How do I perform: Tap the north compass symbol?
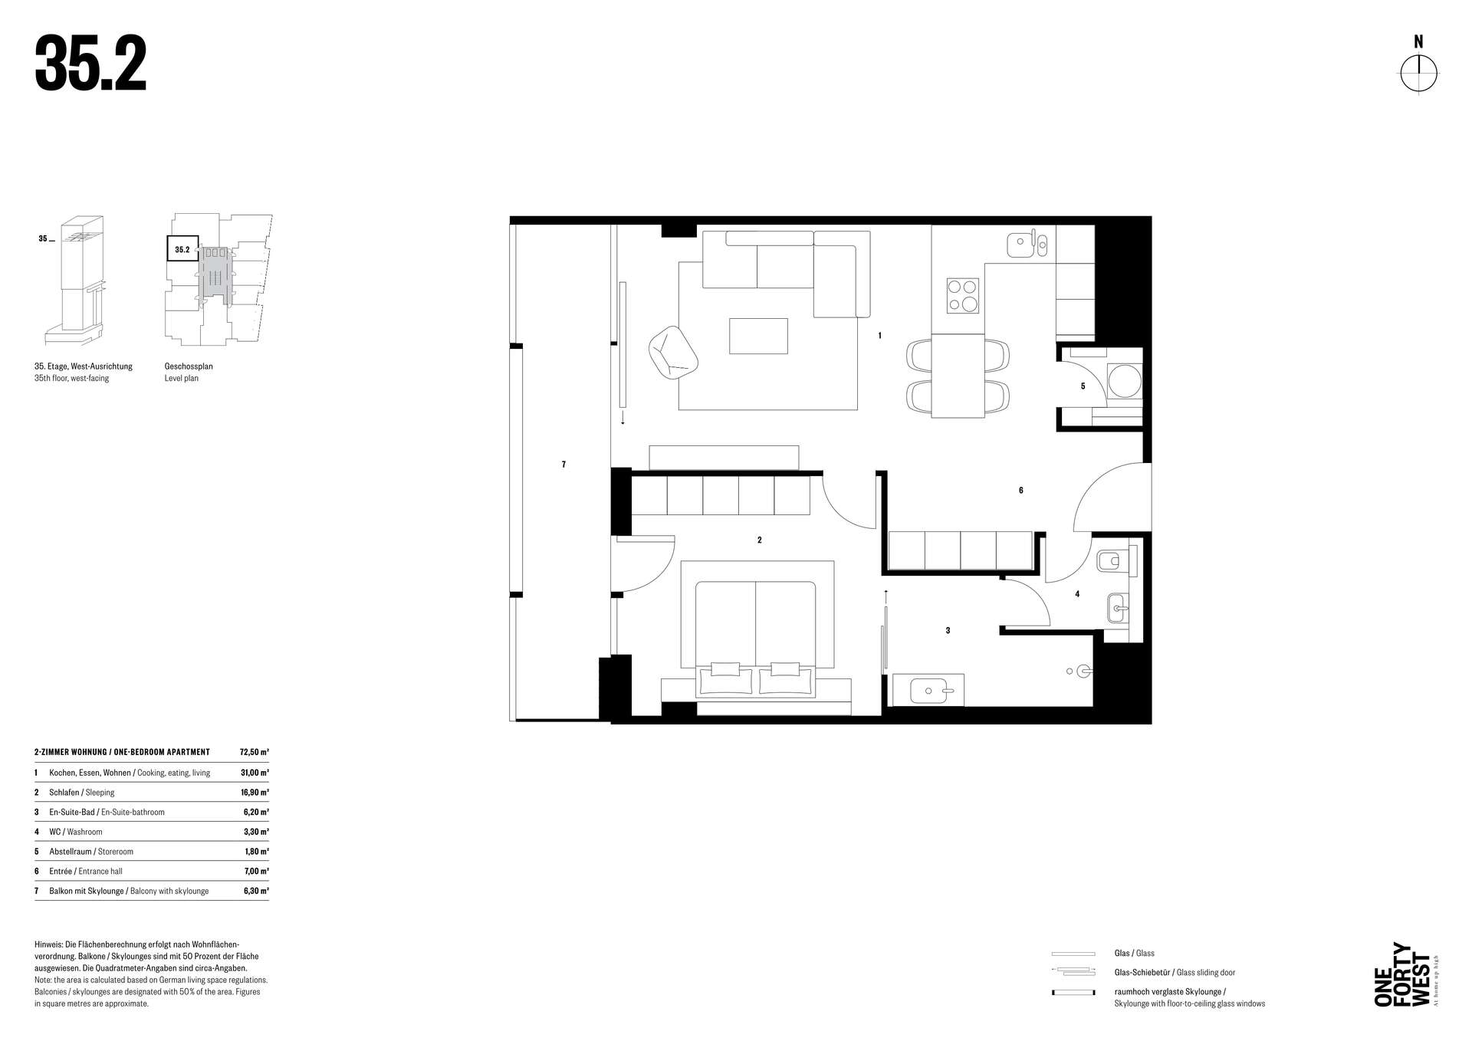click(1418, 74)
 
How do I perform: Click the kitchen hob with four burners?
click(963, 295)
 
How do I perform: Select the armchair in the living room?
click(672, 352)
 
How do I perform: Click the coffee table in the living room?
click(758, 336)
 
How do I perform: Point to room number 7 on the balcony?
click(563, 465)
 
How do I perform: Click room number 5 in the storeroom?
click(1083, 386)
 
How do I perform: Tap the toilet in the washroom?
click(1116, 562)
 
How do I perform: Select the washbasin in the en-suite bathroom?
click(929, 690)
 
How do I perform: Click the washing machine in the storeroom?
click(1124, 380)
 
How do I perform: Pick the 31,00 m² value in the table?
click(255, 773)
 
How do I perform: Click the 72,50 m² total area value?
click(255, 752)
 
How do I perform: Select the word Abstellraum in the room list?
click(71, 852)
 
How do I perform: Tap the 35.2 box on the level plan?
click(183, 249)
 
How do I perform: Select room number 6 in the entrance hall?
click(1020, 491)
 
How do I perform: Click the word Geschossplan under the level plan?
click(189, 366)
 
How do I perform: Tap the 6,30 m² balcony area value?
click(256, 892)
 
